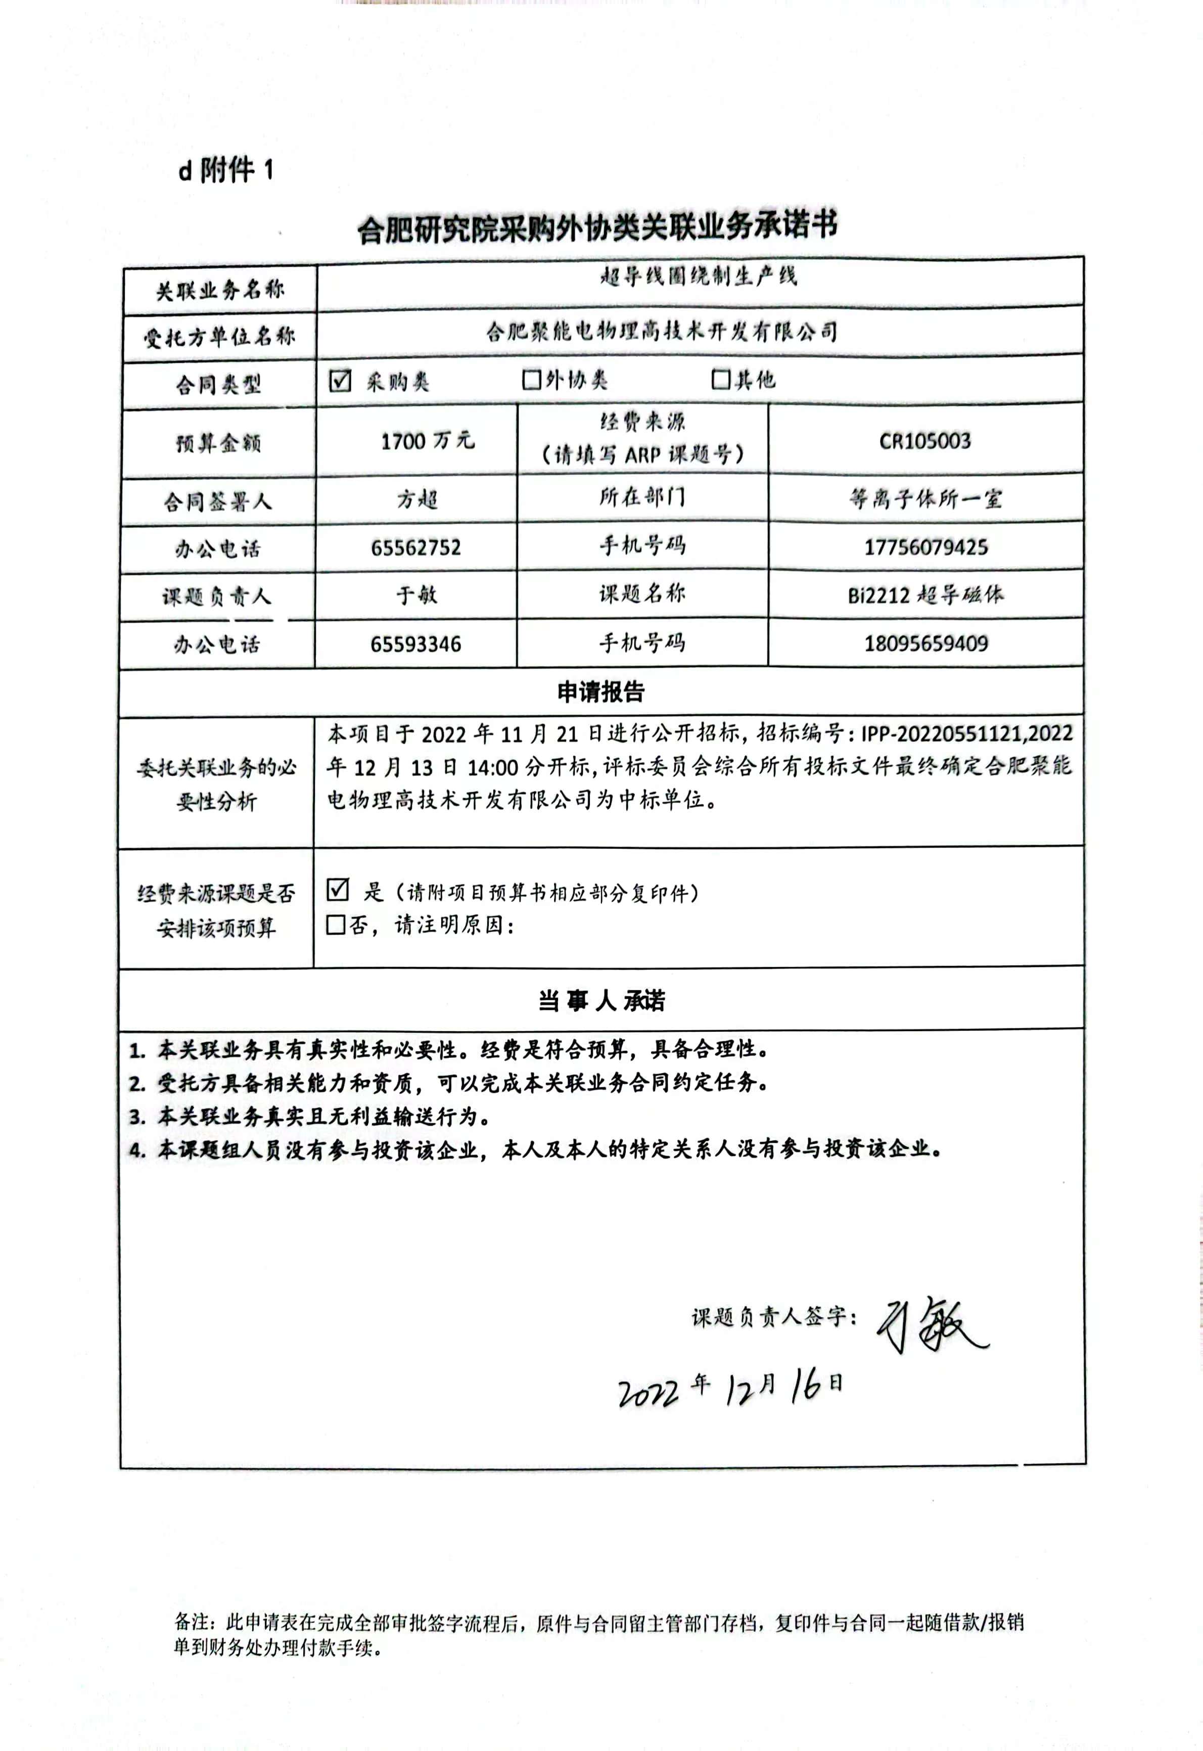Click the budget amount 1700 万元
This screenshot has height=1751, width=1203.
428,441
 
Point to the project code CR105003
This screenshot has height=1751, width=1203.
925,441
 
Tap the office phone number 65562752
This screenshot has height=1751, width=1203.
415,548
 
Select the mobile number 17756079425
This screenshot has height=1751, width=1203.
926,547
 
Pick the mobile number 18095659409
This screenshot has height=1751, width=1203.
926,643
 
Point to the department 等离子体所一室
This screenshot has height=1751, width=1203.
926,499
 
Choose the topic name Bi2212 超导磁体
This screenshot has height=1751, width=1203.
926,595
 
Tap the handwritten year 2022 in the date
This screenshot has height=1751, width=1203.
648,1393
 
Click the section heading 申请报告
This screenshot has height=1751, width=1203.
601,692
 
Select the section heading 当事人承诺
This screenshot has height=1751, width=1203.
601,1001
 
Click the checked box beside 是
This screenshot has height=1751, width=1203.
338,890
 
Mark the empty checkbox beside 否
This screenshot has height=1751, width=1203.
336,925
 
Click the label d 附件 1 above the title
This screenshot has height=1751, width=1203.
225,171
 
